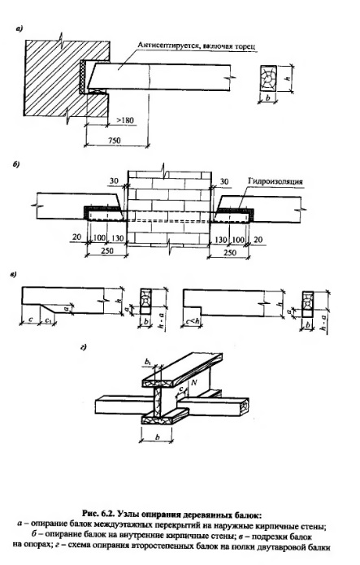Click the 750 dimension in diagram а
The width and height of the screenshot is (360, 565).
[115, 140]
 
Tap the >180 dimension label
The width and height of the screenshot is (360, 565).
[124, 120]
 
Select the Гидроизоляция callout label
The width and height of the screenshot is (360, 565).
[275, 181]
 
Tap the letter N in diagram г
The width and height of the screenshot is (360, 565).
[194, 382]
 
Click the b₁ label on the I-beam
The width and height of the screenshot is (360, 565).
[148, 361]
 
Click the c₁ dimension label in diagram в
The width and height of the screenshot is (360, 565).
[48, 320]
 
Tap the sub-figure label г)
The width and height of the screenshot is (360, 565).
[84, 347]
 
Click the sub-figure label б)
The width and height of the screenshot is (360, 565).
[16, 165]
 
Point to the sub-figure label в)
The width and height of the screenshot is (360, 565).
[13, 276]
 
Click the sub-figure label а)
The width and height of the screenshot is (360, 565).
[20, 28]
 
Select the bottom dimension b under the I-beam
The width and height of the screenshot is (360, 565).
[157, 437]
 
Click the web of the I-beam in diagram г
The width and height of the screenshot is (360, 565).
[159, 402]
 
